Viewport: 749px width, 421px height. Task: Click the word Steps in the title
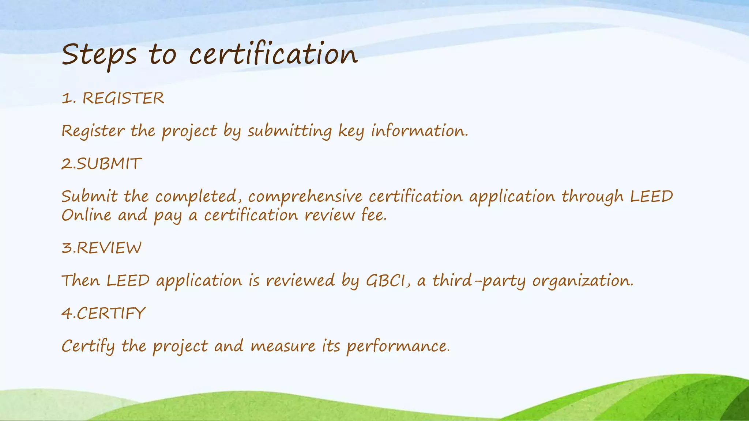[x=99, y=55]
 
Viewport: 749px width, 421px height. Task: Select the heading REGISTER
[x=123, y=98]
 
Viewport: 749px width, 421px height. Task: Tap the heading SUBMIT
[x=109, y=164]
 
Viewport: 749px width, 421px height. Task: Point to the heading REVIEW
[x=109, y=248]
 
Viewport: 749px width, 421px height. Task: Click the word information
[x=419, y=131]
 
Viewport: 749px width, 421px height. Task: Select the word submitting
[x=289, y=131]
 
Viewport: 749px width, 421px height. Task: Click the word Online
[x=86, y=215]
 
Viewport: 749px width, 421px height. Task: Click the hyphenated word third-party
[x=479, y=281]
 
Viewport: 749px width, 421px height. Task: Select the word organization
[x=582, y=281]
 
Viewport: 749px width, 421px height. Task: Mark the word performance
[x=398, y=346]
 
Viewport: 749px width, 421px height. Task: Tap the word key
[x=351, y=131]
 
